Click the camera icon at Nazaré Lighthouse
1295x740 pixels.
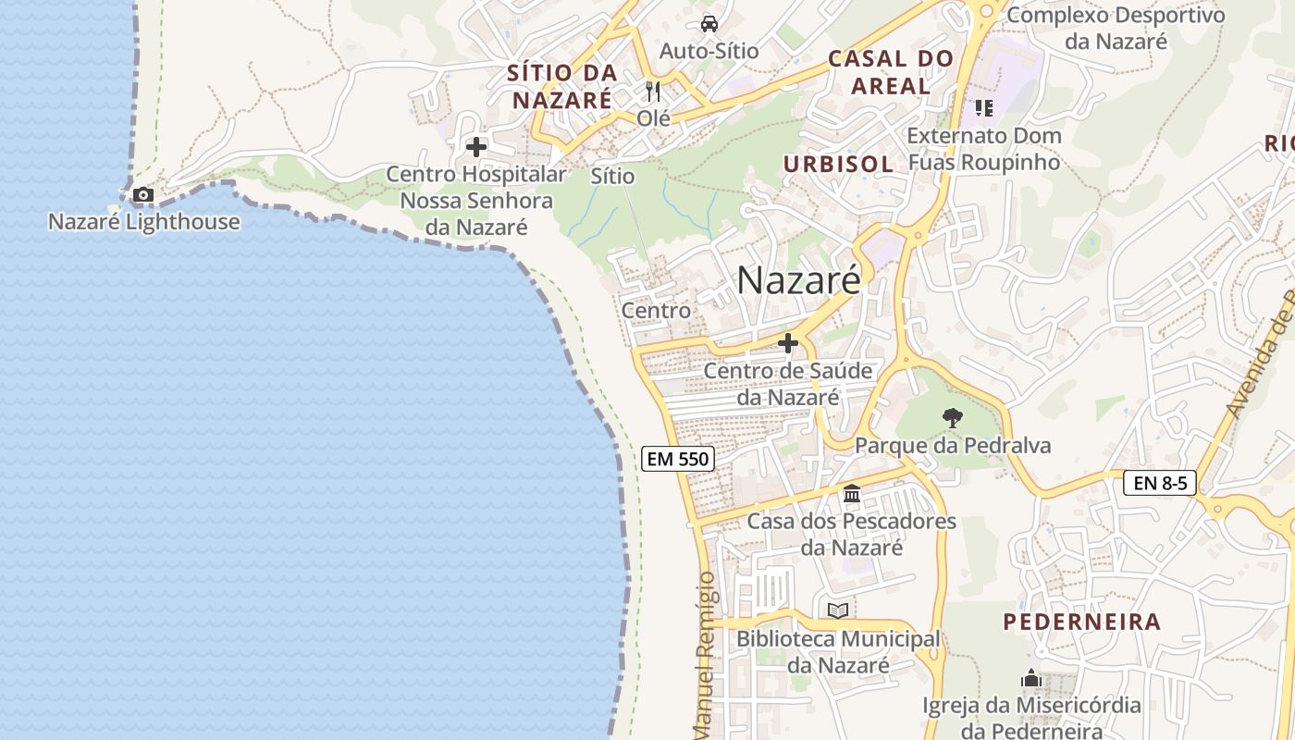click(143, 194)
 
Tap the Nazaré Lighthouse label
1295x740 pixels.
click(143, 222)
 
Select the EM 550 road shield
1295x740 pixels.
click(678, 458)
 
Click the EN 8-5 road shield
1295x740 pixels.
click(1160, 482)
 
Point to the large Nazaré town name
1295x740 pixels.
click(798, 280)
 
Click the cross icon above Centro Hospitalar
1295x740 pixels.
click(476, 147)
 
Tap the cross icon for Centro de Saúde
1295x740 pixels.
click(788, 343)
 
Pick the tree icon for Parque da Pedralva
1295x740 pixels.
click(952, 418)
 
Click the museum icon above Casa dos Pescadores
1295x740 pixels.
click(852, 494)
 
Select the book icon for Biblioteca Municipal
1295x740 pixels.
click(838, 610)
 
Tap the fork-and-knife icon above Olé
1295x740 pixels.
click(653, 92)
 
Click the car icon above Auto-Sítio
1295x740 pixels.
click(709, 23)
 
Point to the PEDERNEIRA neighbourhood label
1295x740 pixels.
click(1082, 622)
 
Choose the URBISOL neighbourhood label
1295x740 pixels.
click(838, 165)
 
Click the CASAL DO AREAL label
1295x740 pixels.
click(890, 72)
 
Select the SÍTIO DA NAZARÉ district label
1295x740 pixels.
click(561, 86)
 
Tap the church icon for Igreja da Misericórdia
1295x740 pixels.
click(1031, 679)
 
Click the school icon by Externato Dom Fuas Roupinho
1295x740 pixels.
click(983, 108)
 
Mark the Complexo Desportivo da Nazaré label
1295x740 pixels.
click(1116, 28)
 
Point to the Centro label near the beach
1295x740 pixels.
click(656, 311)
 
